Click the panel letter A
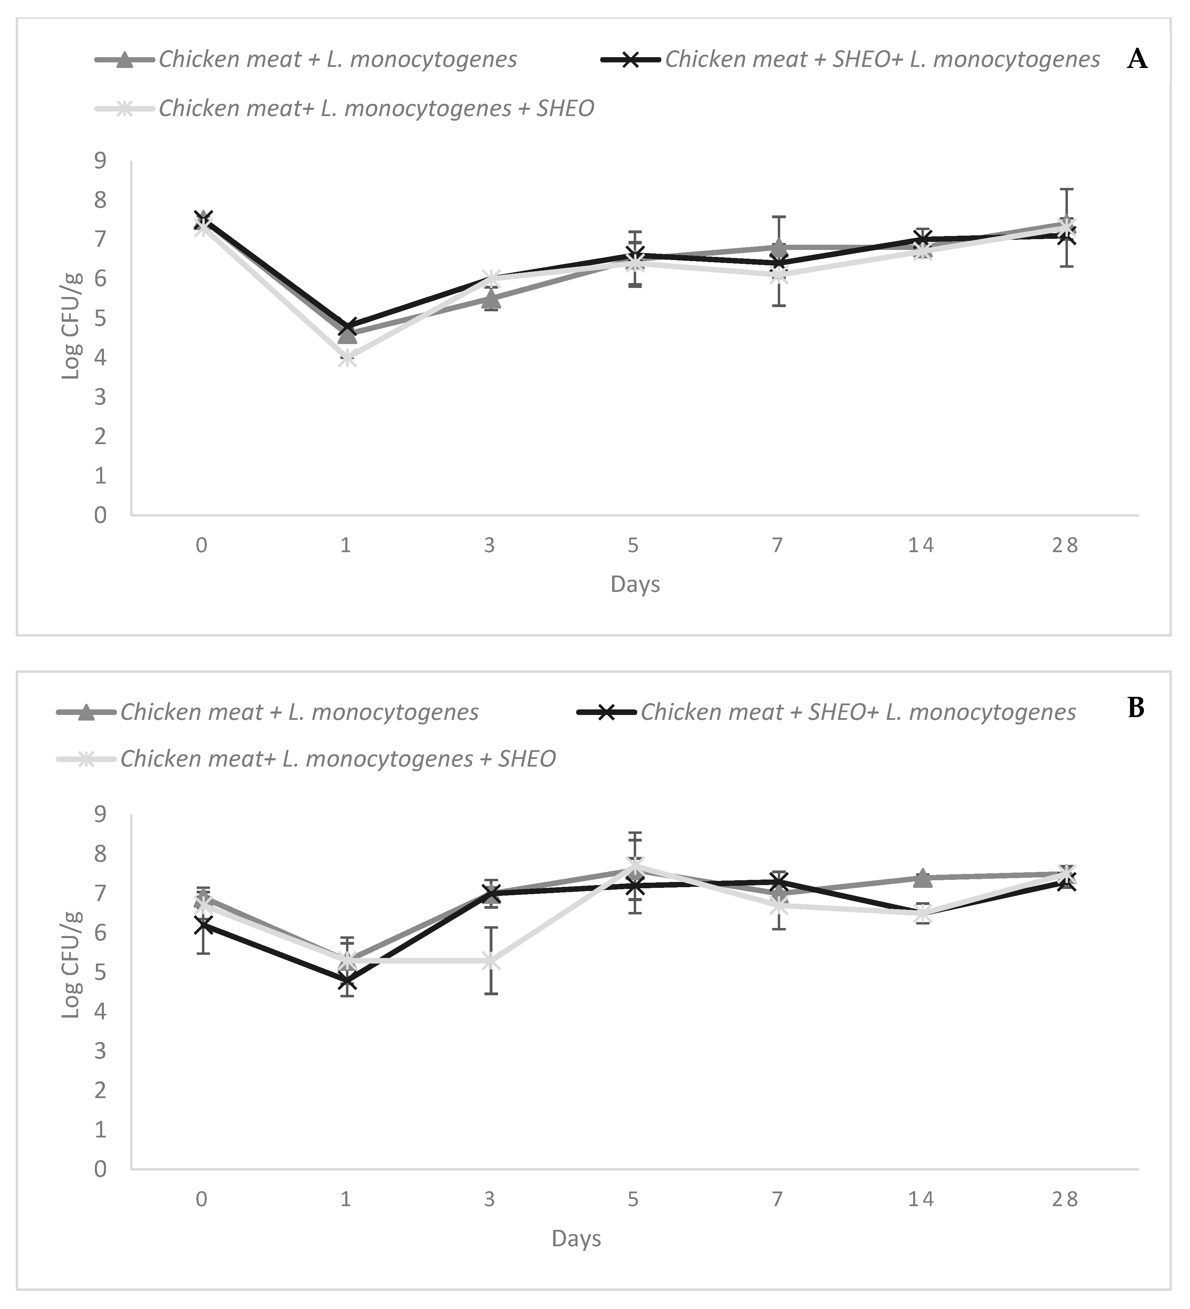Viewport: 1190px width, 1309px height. [1137, 60]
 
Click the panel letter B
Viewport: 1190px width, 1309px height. [1136, 708]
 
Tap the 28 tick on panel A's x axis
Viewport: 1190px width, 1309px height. [1065, 546]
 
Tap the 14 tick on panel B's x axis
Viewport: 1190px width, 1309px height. [921, 1198]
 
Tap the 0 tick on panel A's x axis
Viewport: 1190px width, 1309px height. [202, 546]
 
